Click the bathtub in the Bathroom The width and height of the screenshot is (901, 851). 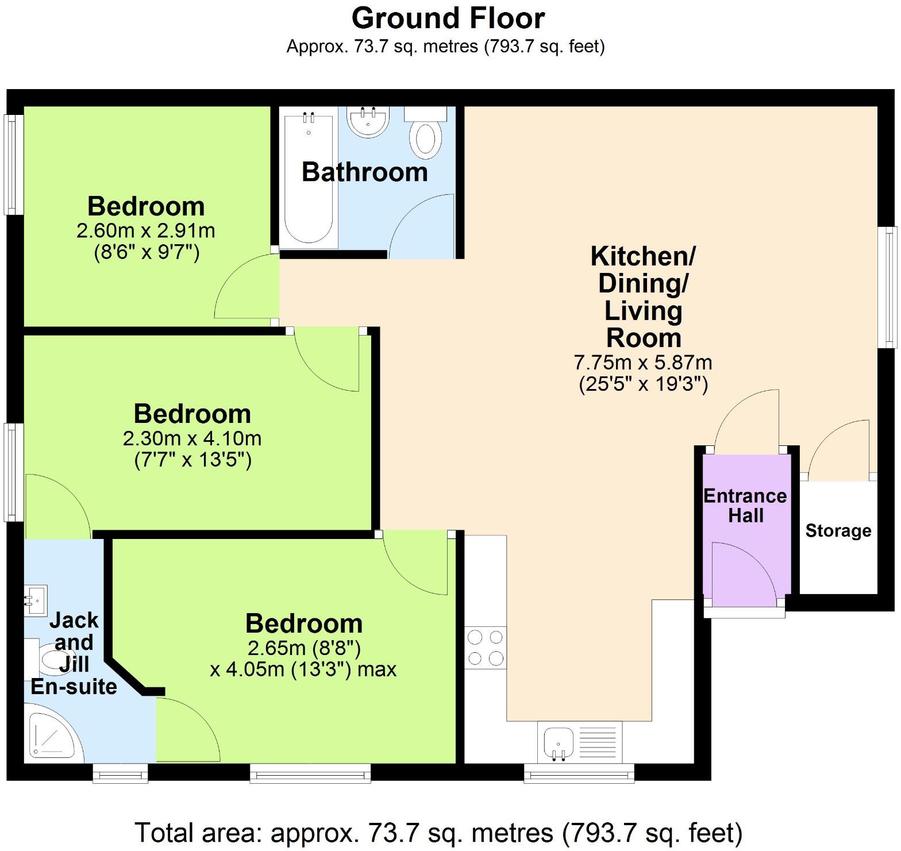click(x=309, y=178)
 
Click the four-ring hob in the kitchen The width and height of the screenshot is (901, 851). click(x=486, y=647)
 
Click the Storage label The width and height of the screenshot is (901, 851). click(x=838, y=530)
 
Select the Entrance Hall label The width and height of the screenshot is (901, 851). click(x=745, y=506)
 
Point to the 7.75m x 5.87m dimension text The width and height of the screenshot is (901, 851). click(x=643, y=363)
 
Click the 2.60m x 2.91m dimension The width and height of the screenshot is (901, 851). click(x=146, y=231)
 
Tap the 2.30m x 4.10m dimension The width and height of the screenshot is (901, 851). click(x=192, y=439)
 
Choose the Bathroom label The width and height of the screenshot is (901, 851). click(x=365, y=172)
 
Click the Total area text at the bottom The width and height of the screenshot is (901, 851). click(x=439, y=833)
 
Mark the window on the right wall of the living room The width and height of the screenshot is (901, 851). click(x=890, y=287)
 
